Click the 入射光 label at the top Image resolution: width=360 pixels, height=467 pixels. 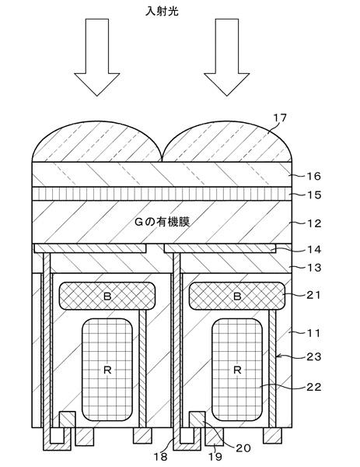coord(162,12)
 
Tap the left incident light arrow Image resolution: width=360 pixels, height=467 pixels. coord(97,57)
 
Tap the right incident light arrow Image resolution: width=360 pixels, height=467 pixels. coord(227,57)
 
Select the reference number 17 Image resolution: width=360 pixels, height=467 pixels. coord(280,118)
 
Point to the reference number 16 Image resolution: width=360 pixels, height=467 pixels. coord(314,177)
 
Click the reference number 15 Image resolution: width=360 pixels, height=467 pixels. coord(314,195)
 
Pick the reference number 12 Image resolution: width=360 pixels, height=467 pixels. coord(314,223)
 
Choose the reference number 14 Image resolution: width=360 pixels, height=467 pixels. coord(314,249)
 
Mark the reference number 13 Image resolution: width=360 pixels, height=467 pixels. coord(314,268)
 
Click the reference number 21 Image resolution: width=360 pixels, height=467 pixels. coord(314,295)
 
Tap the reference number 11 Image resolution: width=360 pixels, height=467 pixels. coord(314,332)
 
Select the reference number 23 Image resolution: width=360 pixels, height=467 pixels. coord(314,356)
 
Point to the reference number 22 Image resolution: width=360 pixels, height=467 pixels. coord(314,387)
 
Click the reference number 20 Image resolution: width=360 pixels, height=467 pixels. coord(243,448)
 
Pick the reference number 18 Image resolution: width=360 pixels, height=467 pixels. coord(160,456)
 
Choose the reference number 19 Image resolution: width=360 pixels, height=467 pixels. coord(215,456)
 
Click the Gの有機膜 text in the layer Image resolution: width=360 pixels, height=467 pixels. coord(163,222)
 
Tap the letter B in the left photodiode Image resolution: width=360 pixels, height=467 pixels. coord(107,296)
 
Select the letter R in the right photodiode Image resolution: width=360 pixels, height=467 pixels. coord(237,370)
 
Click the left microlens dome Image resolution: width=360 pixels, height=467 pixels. coord(97,142)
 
